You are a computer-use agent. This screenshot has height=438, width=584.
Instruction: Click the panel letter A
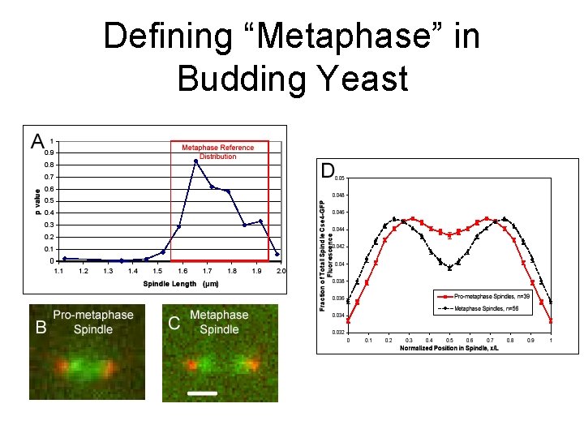coord(37,142)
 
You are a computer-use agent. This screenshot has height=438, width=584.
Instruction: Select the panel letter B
coord(40,328)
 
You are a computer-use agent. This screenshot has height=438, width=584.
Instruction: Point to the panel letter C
coord(174,323)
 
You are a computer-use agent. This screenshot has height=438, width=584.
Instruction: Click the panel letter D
coord(327,170)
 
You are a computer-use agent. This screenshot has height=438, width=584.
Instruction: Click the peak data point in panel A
coord(195,161)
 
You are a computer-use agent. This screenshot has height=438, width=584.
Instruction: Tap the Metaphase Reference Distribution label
coord(217,152)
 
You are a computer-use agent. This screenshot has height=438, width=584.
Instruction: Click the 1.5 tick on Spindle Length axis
coord(157,271)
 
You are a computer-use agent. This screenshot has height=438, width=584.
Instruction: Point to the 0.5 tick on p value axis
coord(49,201)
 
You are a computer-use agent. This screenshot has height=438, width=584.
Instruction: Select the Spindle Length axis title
coord(181,284)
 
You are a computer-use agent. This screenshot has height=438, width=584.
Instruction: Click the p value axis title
coord(36,202)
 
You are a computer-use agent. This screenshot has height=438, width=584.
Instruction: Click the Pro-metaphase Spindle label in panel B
coord(93,321)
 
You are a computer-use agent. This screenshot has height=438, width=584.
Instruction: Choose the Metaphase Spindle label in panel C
coord(219,321)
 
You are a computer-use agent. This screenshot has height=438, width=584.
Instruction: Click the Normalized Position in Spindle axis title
coord(449,349)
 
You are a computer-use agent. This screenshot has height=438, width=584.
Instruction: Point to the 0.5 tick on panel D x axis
coord(449,340)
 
